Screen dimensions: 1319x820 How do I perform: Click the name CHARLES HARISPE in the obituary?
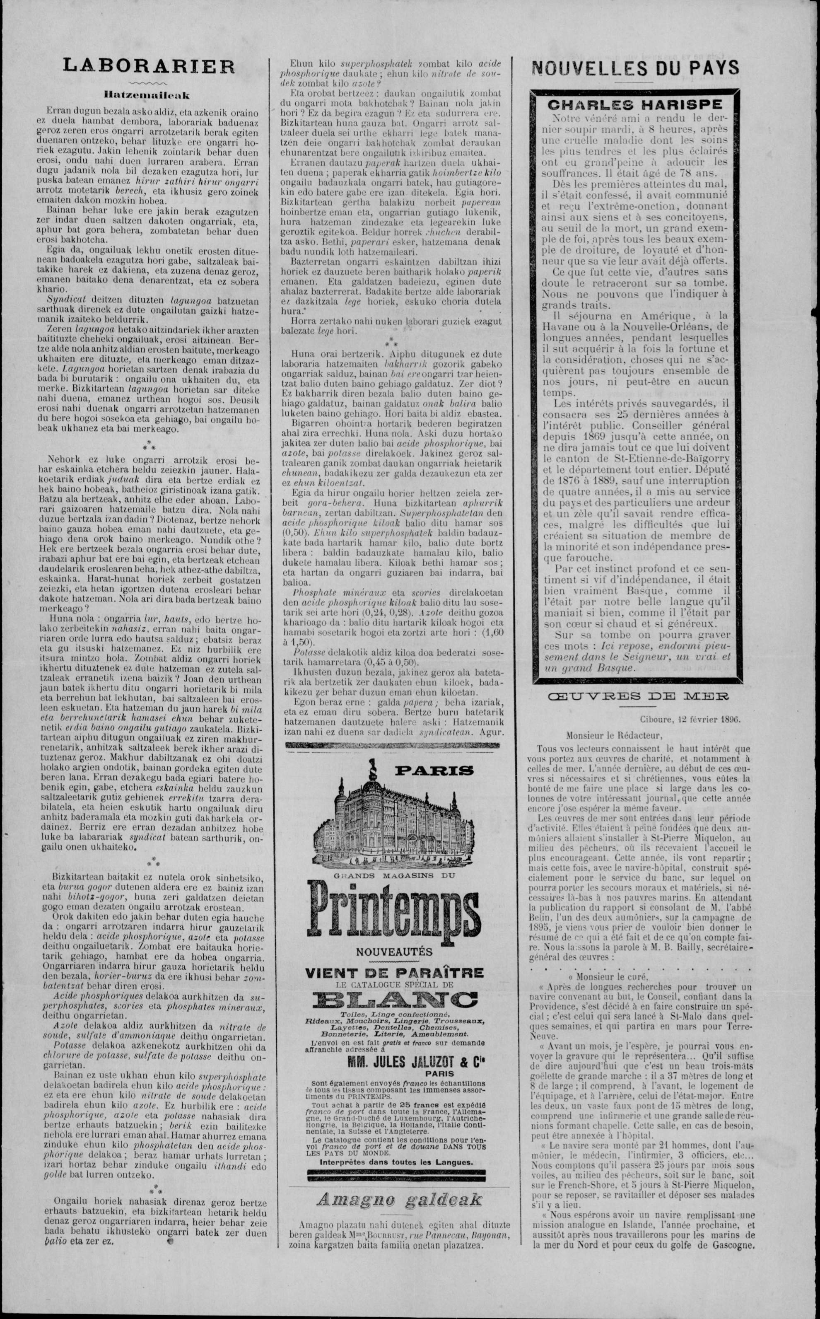click(x=634, y=105)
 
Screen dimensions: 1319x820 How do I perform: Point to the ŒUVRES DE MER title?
click(x=638, y=696)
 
